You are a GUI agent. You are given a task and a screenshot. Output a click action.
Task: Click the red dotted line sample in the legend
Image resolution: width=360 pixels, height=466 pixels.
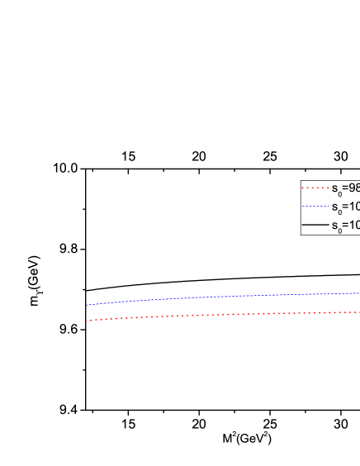click(x=315, y=188)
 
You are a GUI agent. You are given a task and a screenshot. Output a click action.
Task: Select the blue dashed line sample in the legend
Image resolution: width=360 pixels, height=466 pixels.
click(x=315, y=206)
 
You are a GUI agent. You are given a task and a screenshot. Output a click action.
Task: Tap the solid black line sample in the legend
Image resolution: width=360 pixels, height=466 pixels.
click(x=315, y=224)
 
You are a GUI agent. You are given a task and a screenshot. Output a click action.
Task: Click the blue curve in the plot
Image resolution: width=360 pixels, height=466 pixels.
click(x=223, y=296)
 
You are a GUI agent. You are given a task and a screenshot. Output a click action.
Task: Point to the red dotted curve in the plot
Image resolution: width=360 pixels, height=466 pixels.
click(x=223, y=314)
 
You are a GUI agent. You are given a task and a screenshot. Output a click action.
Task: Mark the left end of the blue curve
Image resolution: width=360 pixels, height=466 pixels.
click(x=87, y=305)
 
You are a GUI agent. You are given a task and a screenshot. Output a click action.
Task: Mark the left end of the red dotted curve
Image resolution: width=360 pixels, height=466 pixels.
click(x=86, y=321)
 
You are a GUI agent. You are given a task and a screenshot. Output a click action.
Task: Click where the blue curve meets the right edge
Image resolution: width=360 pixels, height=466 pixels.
click(x=358, y=292)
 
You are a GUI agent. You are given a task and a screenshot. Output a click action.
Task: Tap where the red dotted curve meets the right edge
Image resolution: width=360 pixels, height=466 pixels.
click(x=358, y=311)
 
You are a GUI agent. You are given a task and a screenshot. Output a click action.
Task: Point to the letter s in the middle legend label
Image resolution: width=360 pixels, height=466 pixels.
click(x=334, y=207)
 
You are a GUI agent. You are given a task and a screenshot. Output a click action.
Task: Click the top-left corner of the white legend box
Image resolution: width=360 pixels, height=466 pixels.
click(x=301, y=180)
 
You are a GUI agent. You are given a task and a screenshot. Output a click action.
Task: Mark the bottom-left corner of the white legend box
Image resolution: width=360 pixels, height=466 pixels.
click(x=301, y=235)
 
